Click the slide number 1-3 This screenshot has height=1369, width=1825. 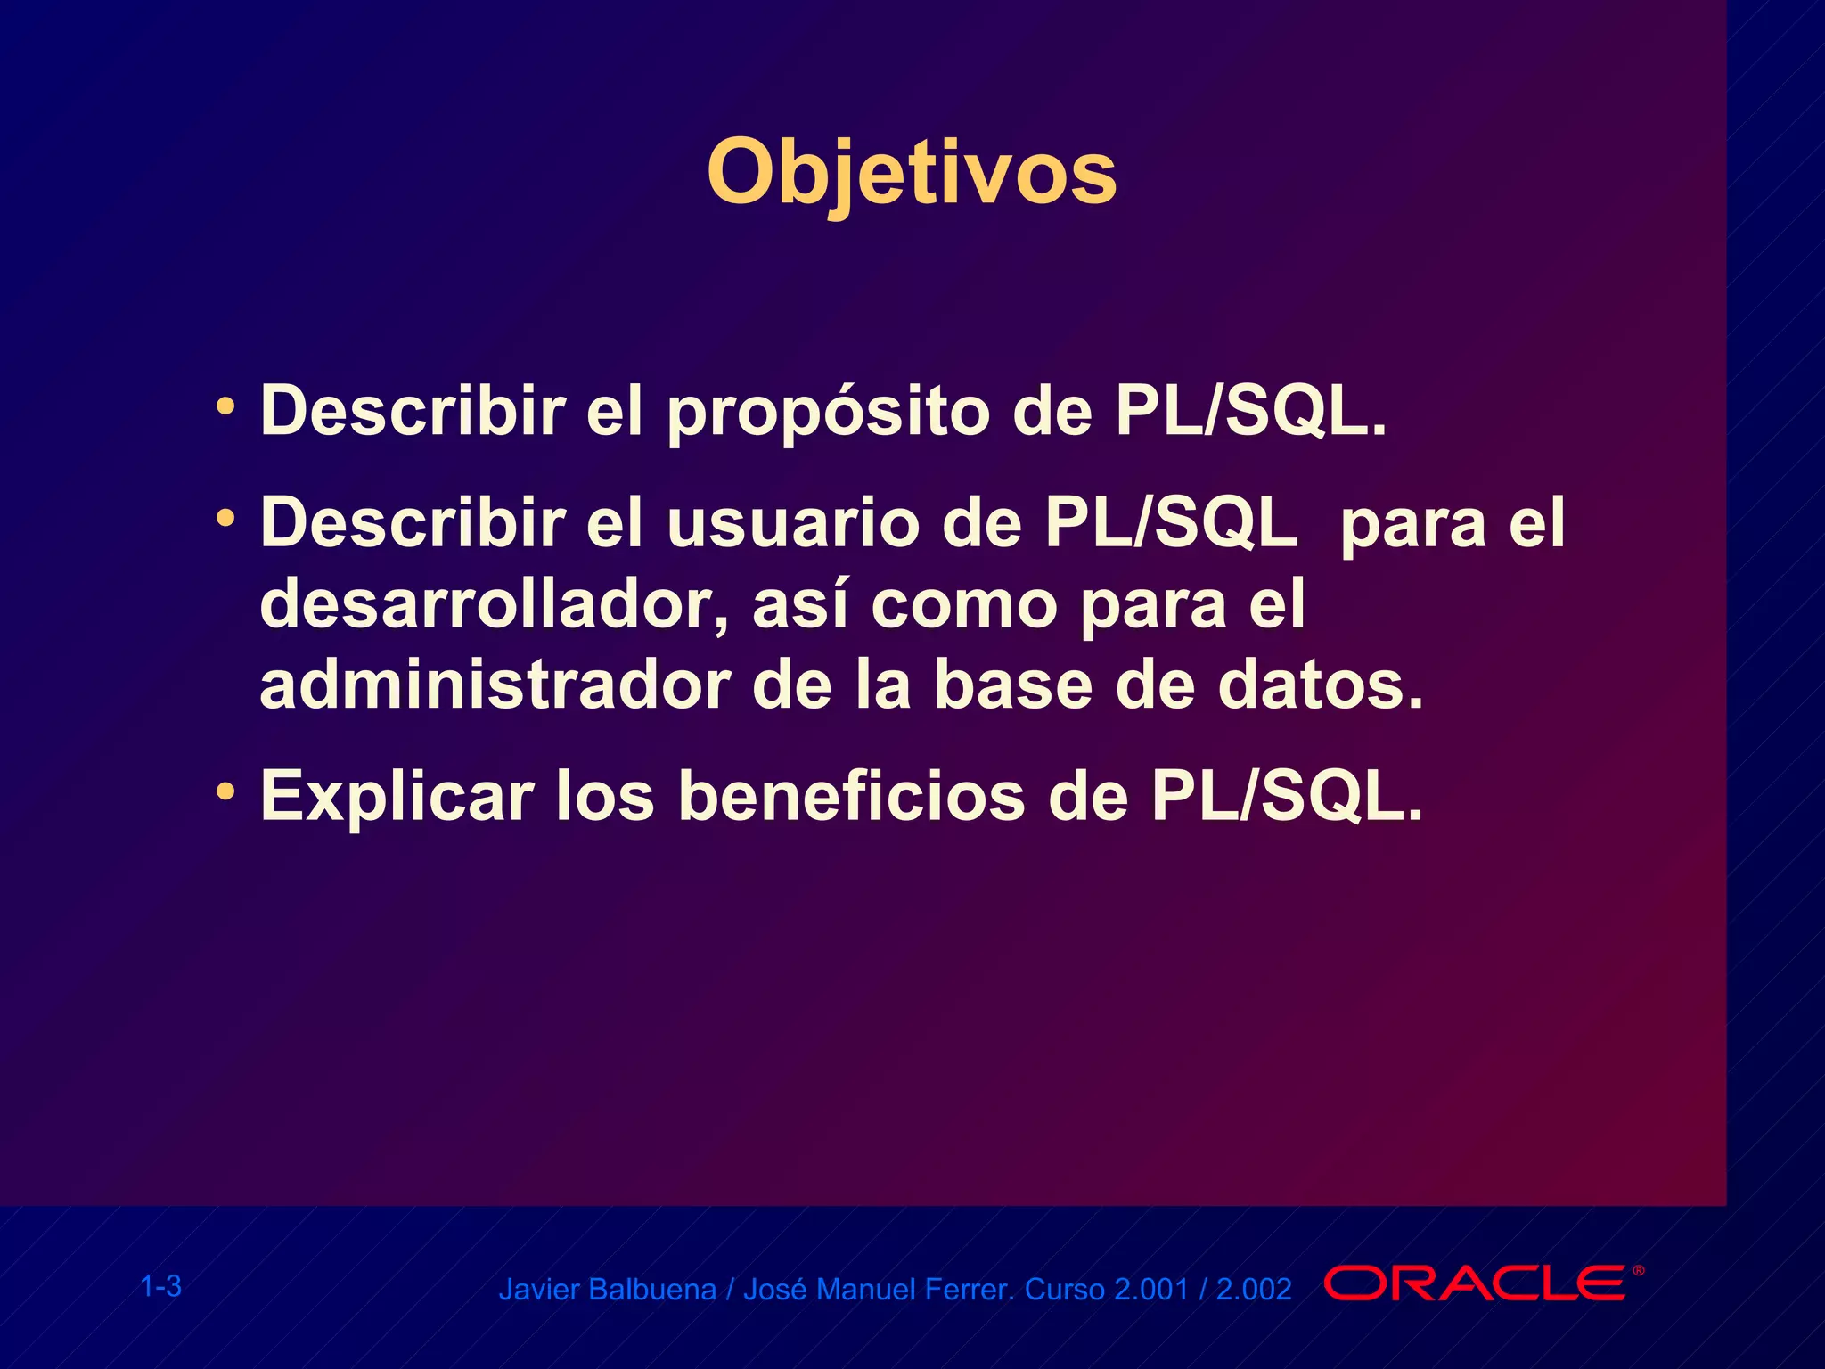(161, 1286)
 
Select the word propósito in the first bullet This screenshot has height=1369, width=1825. (828, 413)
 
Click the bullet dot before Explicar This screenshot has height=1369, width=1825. (226, 791)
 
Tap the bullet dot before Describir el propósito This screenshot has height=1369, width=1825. (226, 407)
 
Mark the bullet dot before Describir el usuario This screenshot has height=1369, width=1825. (226, 518)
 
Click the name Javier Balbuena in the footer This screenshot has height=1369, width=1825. (607, 1290)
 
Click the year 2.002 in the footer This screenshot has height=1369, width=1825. (1254, 1290)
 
